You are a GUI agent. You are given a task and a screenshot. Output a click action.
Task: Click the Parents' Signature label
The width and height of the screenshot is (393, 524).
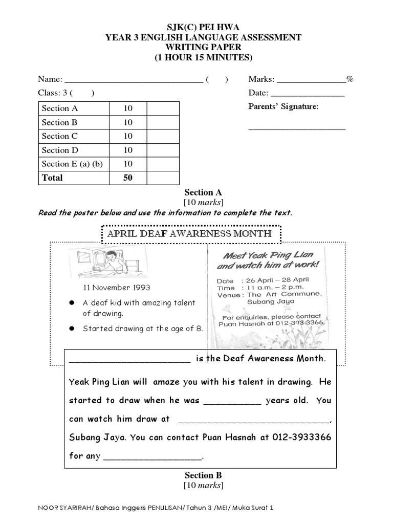tap(283, 106)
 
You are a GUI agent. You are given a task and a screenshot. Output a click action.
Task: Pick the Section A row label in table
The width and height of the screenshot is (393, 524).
tap(60, 108)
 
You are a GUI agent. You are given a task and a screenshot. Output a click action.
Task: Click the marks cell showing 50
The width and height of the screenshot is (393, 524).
tap(127, 178)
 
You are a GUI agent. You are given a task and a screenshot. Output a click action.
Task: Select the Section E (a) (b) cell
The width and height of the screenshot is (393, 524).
tap(72, 164)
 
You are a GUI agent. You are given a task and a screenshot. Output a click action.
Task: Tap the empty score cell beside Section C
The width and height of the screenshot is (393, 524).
tap(163, 136)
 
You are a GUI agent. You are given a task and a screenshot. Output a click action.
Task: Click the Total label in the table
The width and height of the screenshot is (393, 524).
tap(52, 178)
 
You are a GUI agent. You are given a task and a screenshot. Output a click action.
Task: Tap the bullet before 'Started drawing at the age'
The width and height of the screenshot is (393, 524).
tap(72, 329)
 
